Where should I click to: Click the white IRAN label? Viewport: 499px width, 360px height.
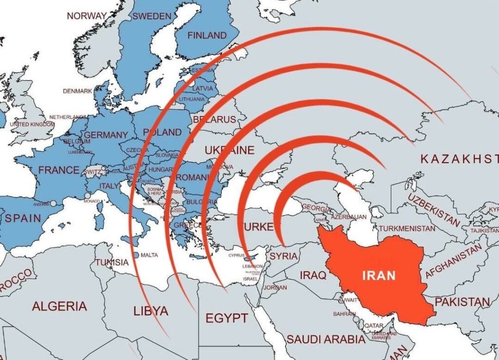[x=379, y=275]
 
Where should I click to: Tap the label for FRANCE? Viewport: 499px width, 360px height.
[x=58, y=170]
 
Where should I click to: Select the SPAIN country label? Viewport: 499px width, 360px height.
[x=23, y=218]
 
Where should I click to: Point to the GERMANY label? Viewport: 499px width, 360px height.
[x=106, y=135]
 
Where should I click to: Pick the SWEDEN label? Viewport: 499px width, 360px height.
[x=152, y=16]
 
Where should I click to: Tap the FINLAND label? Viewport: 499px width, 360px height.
[x=207, y=36]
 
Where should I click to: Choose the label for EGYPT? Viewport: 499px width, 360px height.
[x=226, y=319]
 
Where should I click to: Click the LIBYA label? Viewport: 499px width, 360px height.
[x=151, y=311]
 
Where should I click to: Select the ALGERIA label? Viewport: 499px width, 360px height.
[x=59, y=306]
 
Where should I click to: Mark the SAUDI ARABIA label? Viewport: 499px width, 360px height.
[x=326, y=339]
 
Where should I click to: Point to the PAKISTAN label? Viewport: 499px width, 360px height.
[x=462, y=302]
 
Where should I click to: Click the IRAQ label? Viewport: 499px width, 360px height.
[x=313, y=275]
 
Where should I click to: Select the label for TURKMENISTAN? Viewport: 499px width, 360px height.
[x=407, y=228]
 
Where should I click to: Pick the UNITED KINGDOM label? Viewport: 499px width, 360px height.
[x=33, y=125]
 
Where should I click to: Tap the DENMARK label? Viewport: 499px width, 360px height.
[x=77, y=91]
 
